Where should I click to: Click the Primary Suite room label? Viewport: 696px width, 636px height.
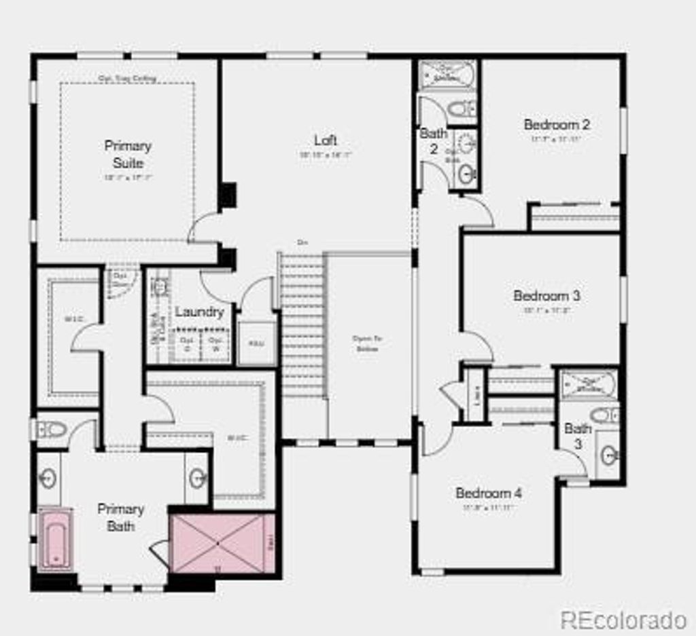[128, 154]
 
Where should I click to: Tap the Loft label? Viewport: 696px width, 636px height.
[325, 141]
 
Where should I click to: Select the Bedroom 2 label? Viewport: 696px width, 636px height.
[556, 125]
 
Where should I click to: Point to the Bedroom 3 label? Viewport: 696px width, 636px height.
[546, 296]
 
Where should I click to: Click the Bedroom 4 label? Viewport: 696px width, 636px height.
[489, 493]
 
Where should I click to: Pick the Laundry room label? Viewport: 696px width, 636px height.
[199, 312]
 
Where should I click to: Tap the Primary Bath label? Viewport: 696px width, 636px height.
[120, 517]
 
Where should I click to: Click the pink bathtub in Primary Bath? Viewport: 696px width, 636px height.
[55, 540]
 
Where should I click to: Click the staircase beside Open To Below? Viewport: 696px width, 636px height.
[302, 326]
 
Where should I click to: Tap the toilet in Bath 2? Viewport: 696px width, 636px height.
[464, 108]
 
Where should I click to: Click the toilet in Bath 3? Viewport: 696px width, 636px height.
[604, 415]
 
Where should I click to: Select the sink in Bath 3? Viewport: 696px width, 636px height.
[609, 455]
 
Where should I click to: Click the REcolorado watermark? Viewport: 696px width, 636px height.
[623, 619]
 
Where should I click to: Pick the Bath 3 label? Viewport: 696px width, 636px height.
[577, 436]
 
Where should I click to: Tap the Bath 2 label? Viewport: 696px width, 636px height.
[433, 141]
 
